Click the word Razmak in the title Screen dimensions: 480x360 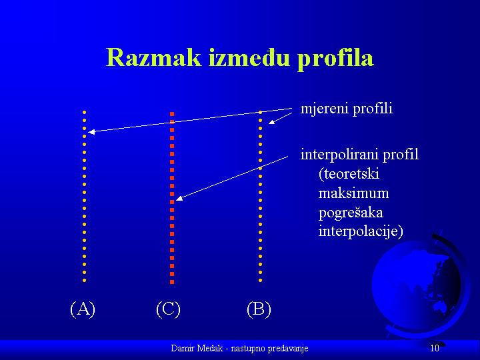point(154,57)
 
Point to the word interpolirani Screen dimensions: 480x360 point(339,155)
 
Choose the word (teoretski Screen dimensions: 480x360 point(349,174)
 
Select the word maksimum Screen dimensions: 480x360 point(353,193)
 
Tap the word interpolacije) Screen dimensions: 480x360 point(361,231)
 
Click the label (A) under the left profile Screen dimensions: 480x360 point(83,309)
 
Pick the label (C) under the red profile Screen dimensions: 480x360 point(168,309)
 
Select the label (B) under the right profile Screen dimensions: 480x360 point(259,309)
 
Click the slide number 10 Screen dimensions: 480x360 point(435,348)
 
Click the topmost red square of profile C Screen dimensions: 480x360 point(172,114)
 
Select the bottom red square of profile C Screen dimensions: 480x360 point(172,282)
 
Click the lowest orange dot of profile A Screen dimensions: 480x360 point(85,281)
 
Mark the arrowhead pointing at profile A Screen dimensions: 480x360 point(91,132)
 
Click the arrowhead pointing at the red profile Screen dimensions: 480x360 point(179,199)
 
